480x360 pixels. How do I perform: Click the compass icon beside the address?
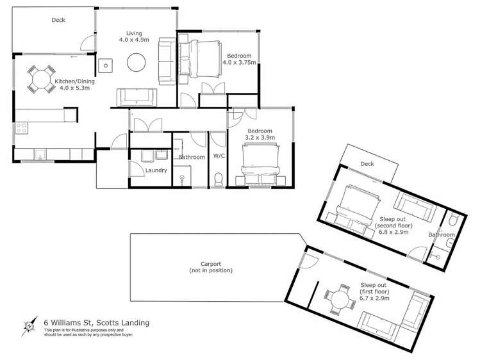[x=29, y=326]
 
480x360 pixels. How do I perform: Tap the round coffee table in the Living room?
[x=136, y=62]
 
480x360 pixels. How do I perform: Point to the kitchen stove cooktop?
[x=19, y=128]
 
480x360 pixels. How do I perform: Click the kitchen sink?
[x=40, y=154]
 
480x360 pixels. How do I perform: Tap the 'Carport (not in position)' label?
[x=210, y=267]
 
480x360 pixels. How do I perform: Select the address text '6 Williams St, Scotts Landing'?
[x=96, y=323]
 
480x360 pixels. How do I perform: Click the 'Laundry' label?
[x=156, y=170]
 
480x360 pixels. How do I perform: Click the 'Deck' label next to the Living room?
[x=58, y=20]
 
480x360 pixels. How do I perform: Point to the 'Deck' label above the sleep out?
[x=367, y=164]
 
